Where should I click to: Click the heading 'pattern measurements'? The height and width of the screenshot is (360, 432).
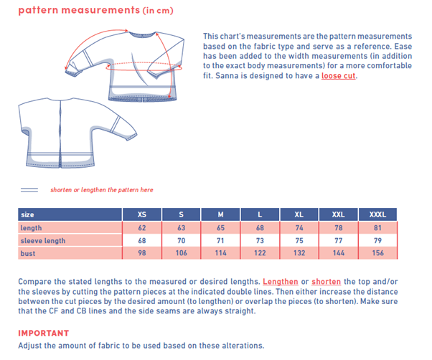click(x=78, y=10)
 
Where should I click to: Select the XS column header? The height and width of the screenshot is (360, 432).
click(x=142, y=214)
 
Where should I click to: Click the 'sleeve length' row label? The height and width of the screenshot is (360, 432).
click(x=43, y=241)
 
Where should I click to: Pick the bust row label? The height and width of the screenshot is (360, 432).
click(x=29, y=254)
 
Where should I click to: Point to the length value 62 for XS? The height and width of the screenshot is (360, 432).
click(x=142, y=228)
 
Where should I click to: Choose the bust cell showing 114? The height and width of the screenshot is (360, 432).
click(x=220, y=254)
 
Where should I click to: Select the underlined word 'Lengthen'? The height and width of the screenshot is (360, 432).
click(x=281, y=282)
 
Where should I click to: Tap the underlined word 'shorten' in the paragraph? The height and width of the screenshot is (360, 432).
click(x=327, y=282)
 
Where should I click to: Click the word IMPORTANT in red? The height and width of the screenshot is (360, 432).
click(x=44, y=333)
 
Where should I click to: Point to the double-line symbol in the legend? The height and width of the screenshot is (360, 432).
click(x=29, y=190)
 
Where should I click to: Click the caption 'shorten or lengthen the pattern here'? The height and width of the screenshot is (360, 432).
click(x=101, y=190)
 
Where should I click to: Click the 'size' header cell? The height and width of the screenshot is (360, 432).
click(x=28, y=214)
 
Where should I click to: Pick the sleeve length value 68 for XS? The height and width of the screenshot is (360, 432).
click(x=142, y=241)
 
